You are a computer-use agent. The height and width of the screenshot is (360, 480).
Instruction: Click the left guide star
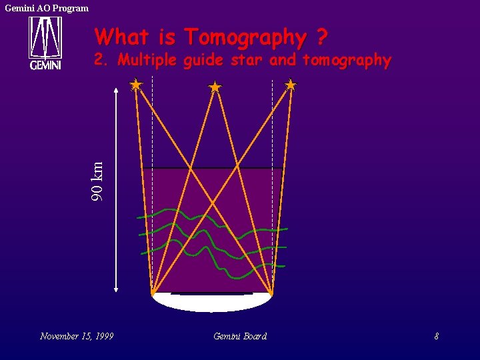[x=136, y=85]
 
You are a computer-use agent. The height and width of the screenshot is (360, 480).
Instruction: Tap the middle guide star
[x=215, y=87]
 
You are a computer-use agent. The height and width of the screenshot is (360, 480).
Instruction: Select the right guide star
[x=290, y=85]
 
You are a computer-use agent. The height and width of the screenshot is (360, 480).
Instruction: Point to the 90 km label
[x=98, y=180]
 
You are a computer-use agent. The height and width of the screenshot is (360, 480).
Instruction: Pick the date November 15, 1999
[x=76, y=336]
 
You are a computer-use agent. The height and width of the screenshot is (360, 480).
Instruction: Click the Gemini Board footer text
[x=240, y=336]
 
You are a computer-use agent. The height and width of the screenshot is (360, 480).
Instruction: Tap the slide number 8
[x=436, y=336]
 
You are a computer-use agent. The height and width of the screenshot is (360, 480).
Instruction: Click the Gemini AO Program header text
[x=47, y=8]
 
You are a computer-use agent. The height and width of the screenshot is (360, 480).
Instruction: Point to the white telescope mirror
[x=212, y=302]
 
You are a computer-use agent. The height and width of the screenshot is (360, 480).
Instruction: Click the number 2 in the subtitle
[x=99, y=60]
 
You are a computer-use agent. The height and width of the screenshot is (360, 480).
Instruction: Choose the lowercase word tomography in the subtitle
[x=347, y=60]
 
